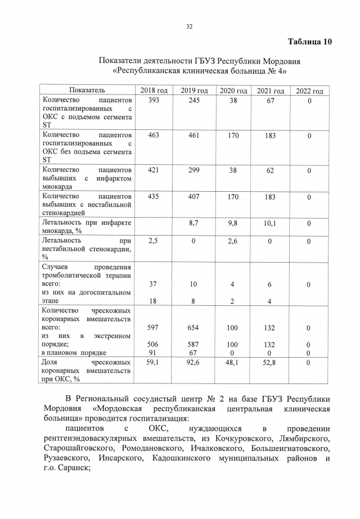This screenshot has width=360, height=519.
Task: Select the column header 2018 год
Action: [154, 91]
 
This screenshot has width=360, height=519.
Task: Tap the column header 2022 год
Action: [309, 91]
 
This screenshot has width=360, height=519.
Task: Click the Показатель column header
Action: [87, 90]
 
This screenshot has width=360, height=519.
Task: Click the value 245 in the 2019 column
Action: [193, 100]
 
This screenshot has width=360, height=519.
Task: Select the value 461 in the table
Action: [193, 136]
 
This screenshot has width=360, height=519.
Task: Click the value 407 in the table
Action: [193, 197]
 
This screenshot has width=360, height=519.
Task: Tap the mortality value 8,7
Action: [193, 223]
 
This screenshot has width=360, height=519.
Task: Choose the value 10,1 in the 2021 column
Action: [269, 223]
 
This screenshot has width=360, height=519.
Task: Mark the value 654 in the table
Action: [193, 328]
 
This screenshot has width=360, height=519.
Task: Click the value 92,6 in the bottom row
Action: [193, 363]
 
